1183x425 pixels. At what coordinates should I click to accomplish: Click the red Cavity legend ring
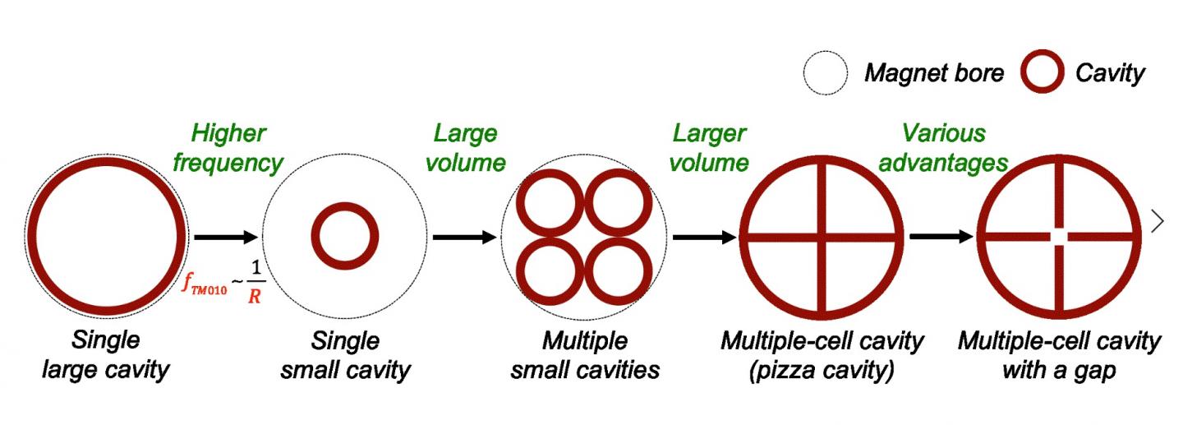[1043, 73]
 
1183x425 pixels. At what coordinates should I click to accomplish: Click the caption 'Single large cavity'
[105, 355]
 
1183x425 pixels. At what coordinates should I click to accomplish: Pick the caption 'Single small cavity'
[345, 355]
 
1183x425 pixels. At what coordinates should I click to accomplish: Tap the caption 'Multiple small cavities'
[585, 355]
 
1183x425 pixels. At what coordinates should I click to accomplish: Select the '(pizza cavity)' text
[822, 370]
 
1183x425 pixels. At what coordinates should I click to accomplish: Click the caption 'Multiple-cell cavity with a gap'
[1059, 355]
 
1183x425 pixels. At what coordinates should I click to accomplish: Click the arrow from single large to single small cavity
[226, 238]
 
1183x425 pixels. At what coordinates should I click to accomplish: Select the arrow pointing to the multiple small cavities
[465, 238]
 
